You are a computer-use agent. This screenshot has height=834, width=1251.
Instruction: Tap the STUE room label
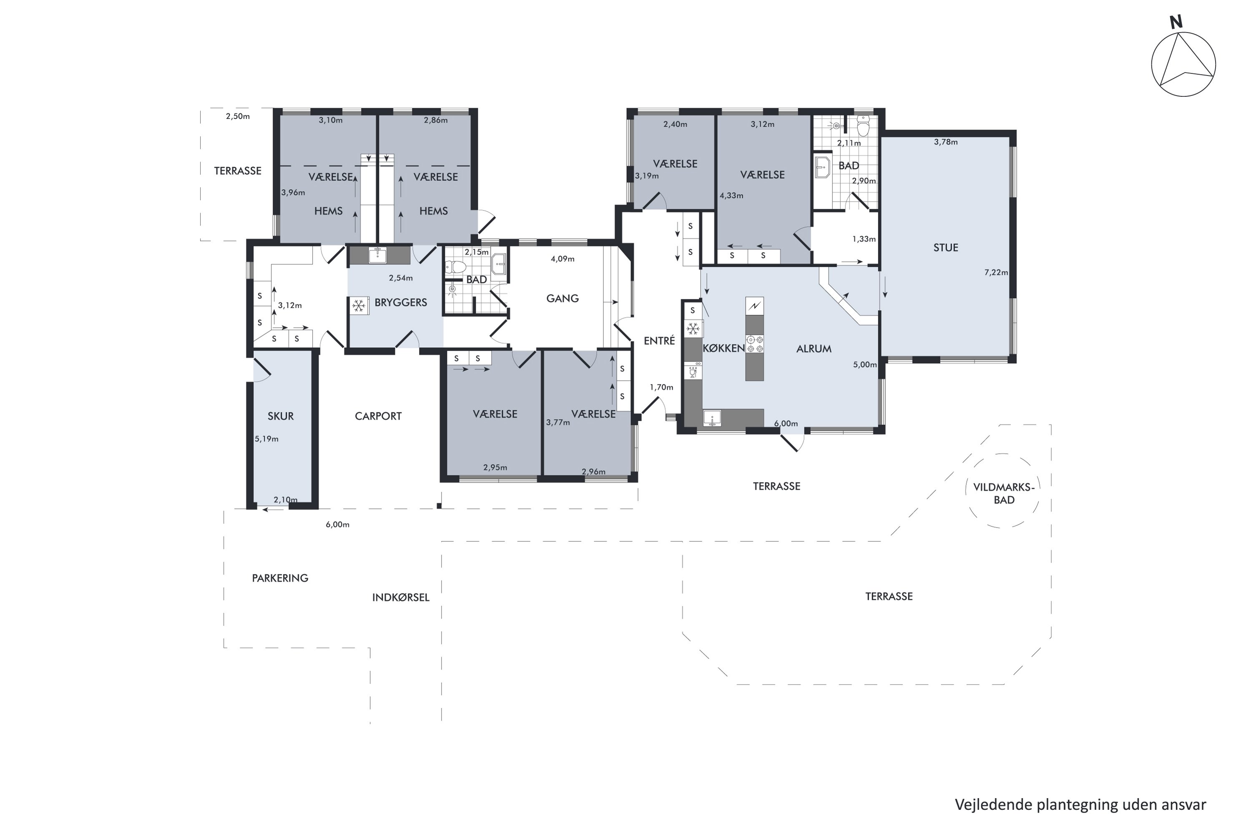pyautogui.click(x=946, y=247)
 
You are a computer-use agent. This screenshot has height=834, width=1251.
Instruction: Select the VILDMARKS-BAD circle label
pyautogui.click(x=1004, y=493)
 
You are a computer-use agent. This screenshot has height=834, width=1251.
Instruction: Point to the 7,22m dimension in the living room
pyautogui.click(x=996, y=272)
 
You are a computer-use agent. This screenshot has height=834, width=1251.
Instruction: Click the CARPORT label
pyautogui.click(x=378, y=416)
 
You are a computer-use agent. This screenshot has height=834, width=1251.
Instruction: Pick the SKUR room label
pyautogui.click(x=280, y=416)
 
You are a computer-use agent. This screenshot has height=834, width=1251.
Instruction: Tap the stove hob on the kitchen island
pyautogui.click(x=754, y=344)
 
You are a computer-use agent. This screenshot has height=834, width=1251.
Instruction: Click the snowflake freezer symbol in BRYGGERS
pyautogui.click(x=359, y=306)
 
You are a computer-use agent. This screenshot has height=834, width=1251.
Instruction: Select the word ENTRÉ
pyautogui.click(x=659, y=340)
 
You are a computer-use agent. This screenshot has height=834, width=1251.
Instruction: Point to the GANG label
pyautogui.click(x=562, y=299)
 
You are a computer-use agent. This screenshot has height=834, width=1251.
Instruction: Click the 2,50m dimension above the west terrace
pyautogui.click(x=238, y=116)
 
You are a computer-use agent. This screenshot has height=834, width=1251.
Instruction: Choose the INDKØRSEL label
pyautogui.click(x=400, y=597)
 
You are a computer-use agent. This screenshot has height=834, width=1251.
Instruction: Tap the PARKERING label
pyautogui.click(x=280, y=578)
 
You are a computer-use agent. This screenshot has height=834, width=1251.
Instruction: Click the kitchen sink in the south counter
pyautogui.click(x=712, y=418)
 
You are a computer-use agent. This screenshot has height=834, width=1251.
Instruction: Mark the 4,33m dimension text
pyautogui.click(x=731, y=195)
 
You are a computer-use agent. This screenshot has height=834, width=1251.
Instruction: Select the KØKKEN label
pyautogui.click(x=723, y=348)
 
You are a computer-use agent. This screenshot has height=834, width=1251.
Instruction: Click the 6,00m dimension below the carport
pyautogui.click(x=337, y=525)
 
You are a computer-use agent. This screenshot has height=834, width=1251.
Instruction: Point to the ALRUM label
pyautogui.click(x=814, y=349)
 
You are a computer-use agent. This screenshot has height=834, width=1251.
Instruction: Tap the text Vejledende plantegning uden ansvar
pyautogui.click(x=1080, y=805)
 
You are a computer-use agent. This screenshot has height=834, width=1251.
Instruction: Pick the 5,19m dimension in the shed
pyautogui.click(x=266, y=439)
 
